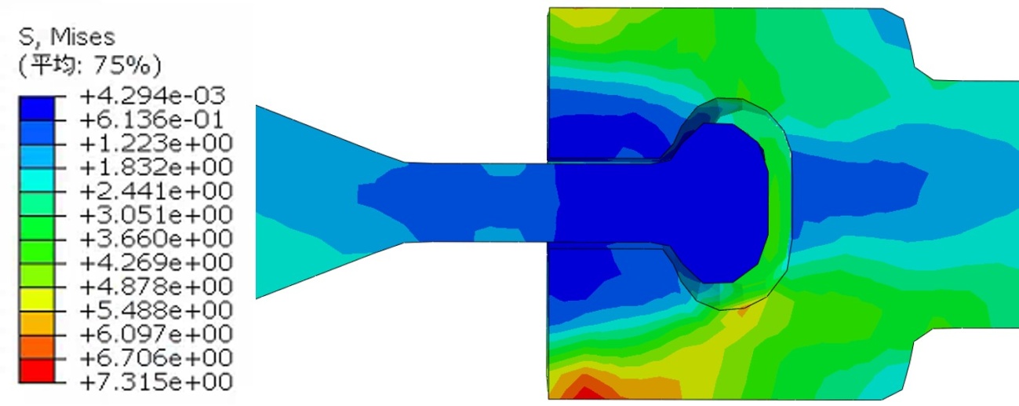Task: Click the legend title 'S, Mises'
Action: [x=67, y=38]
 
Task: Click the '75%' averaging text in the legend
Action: [x=122, y=67]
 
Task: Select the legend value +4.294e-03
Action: [x=152, y=96]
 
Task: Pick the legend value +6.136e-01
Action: [x=151, y=119]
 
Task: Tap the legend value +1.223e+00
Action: [x=156, y=144]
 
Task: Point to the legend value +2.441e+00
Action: [x=156, y=191]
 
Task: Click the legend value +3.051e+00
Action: [x=156, y=215]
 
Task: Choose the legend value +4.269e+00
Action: [x=156, y=262]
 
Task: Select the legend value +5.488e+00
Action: [x=156, y=310]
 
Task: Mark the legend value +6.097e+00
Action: [x=156, y=334]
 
